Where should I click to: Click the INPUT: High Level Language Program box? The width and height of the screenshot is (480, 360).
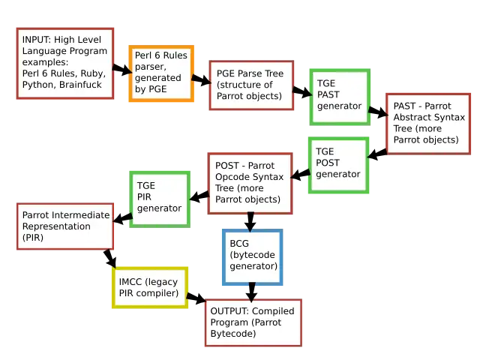tap(64, 64)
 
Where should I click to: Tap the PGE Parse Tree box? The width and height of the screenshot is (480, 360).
tap(250, 85)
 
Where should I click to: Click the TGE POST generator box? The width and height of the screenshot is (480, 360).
tap(338, 163)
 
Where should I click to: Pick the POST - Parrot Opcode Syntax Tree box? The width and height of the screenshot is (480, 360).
tap(250, 183)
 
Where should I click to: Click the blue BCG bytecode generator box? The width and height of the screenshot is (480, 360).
tap(253, 256)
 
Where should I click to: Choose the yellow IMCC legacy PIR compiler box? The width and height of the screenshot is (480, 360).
tap(148, 287)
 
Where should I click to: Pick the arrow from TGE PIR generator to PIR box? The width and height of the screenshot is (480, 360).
tap(123, 216)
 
